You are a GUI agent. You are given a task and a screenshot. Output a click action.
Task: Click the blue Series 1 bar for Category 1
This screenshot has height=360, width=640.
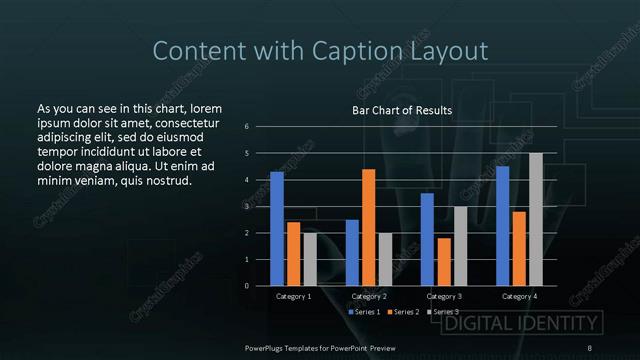pyautogui.click(x=277, y=229)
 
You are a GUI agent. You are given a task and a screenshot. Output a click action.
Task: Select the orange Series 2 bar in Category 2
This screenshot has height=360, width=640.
pyautogui.click(x=368, y=227)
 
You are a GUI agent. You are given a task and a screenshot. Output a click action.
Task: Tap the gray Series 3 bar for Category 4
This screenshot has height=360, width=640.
pyautogui.click(x=536, y=219)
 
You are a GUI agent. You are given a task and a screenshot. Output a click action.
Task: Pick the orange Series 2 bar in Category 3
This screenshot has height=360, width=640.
pyautogui.click(x=444, y=261)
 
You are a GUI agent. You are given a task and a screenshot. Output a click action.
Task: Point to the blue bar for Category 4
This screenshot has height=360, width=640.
pyautogui.click(x=502, y=226)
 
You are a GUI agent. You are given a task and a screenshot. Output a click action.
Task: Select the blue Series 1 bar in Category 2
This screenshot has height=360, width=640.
pyautogui.click(x=352, y=252)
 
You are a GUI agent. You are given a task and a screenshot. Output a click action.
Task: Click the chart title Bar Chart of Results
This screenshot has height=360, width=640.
pyautogui.click(x=402, y=110)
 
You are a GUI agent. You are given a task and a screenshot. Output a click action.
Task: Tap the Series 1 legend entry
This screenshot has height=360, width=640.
pyautogui.click(x=364, y=312)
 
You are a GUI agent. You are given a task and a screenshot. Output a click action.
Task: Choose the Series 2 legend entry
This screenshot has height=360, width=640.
pyautogui.click(x=404, y=312)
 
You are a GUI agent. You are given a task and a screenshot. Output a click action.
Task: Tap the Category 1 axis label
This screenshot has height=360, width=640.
pyautogui.click(x=293, y=297)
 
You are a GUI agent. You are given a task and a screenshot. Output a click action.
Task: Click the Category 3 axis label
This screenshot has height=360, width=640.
pyautogui.click(x=444, y=297)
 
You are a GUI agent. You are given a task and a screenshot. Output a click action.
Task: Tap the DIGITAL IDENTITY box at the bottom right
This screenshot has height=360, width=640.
pyautogui.click(x=521, y=323)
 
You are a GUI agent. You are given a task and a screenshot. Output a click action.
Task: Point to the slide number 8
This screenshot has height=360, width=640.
pyautogui.click(x=589, y=347)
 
